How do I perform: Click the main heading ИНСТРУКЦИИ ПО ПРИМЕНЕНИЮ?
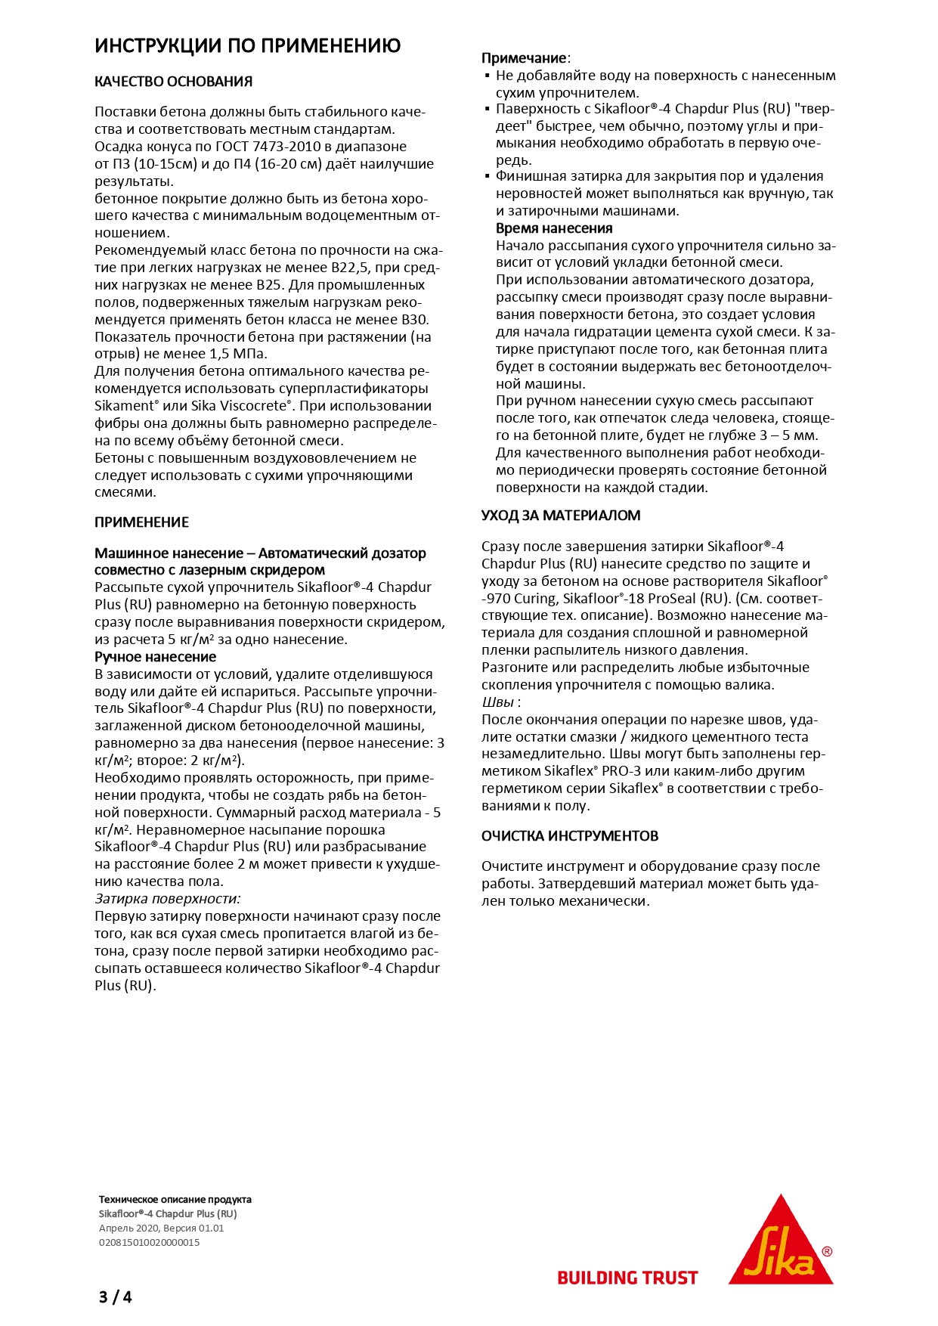pos(247,46)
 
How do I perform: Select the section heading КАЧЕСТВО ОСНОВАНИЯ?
pos(173,82)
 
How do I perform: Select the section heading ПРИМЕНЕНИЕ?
pos(141,522)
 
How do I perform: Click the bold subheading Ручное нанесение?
pos(155,657)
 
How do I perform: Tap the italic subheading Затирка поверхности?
pos(167,899)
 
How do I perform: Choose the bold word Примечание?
pos(524,58)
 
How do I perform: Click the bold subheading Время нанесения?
pos(554,228)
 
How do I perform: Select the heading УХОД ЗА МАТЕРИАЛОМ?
pos(561,516)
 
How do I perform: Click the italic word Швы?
pos(497,702)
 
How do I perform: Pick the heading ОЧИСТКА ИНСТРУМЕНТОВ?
pos(570,836)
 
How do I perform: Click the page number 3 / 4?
pos(115,1297)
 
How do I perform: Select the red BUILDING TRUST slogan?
pos(627,1278)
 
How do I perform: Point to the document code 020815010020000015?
pos(149,1242)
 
